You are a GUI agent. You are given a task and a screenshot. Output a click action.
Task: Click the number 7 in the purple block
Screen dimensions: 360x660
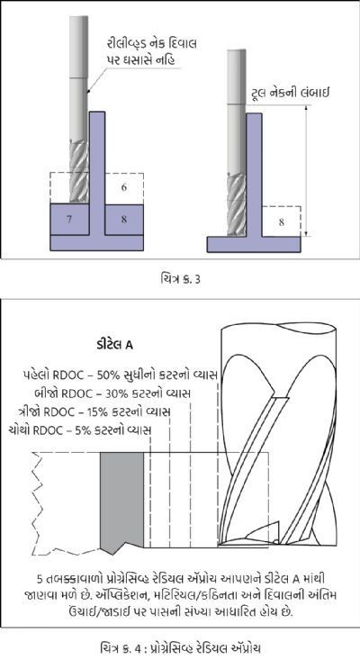tap(69, 220)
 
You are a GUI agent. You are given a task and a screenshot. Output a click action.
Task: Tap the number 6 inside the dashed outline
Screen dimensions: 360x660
tap(124, 187)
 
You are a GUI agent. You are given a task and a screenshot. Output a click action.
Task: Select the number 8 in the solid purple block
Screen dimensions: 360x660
tap(124, 220)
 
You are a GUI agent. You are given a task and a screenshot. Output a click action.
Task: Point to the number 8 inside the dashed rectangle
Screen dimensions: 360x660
tap(282, 222)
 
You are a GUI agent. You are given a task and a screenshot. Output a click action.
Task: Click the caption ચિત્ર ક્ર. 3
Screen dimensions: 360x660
tap(180, 278)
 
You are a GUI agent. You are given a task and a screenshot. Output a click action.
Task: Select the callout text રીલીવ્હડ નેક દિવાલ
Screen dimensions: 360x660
tap(151, 44)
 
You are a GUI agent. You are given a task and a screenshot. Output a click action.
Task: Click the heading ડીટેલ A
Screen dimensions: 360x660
tap(114, 345)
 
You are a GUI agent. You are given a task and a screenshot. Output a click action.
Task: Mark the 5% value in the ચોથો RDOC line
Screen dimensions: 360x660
tap(84, 430)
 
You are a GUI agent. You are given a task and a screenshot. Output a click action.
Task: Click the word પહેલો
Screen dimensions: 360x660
tap(38, 375)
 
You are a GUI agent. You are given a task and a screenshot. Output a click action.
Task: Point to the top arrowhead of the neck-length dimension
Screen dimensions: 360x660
tap(307, 108)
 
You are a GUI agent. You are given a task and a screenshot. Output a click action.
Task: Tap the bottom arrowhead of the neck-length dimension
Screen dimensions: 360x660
tap(307, 233)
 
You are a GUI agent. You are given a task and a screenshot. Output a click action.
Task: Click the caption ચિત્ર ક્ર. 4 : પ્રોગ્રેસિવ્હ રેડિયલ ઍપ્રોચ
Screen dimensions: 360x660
tap(180, 647)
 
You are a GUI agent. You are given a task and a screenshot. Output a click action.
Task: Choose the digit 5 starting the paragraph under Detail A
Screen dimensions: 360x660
tap(40, 580)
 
